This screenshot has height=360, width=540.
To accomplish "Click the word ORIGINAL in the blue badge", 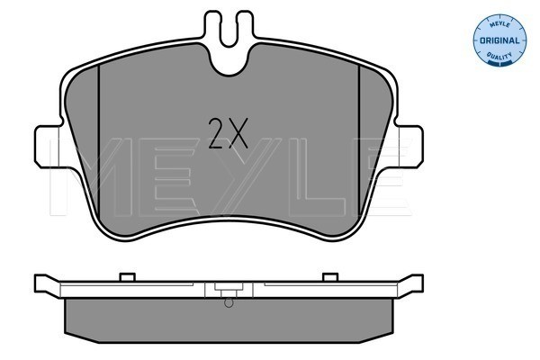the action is [499, 40].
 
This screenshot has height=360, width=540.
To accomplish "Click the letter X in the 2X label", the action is [238, 133].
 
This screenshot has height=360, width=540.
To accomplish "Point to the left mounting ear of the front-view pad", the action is [49, 147].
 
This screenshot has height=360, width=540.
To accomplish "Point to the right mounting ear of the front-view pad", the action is [409, 147].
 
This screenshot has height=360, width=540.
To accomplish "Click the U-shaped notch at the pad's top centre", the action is [229, 60].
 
